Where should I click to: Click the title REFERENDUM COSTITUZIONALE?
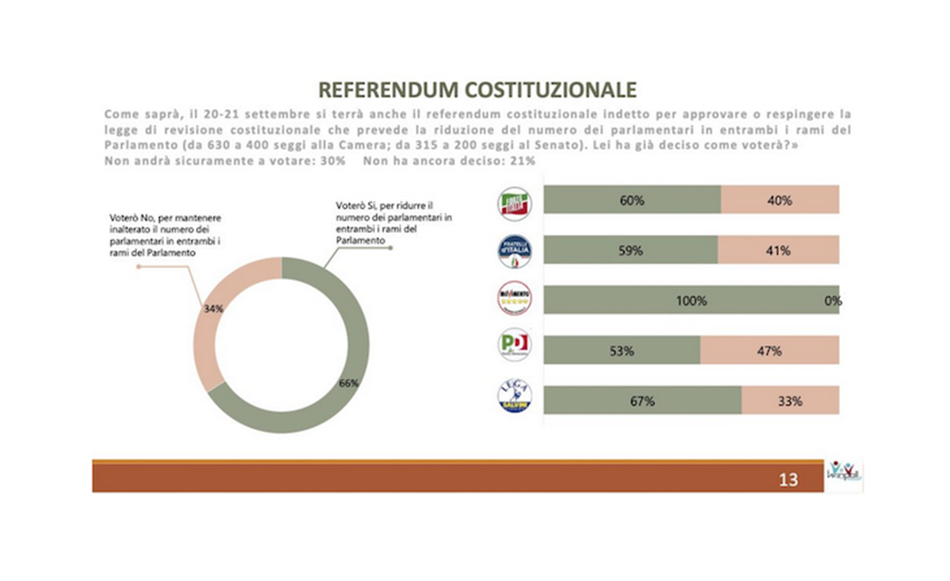(x=477, y=88)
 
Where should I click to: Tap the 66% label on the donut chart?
(x=349, y=383)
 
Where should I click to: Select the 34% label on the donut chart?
(x=213, y=309)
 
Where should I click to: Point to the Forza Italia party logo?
(x=514, y=203)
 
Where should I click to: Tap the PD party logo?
(x=514, y=346)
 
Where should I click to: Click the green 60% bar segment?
(x=633, y=201)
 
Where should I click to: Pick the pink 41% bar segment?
(x=778, y=250)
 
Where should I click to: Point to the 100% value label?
(x=690, y=300)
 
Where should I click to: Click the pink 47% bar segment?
(x=769, y=350)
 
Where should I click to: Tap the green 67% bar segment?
(x=643, y=400)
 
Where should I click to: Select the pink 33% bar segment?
(x=790, y=400)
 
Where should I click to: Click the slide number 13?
(x=788, y=479)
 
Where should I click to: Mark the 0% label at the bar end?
(x=832, y=300)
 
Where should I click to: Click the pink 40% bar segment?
(x=780, y=201)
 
